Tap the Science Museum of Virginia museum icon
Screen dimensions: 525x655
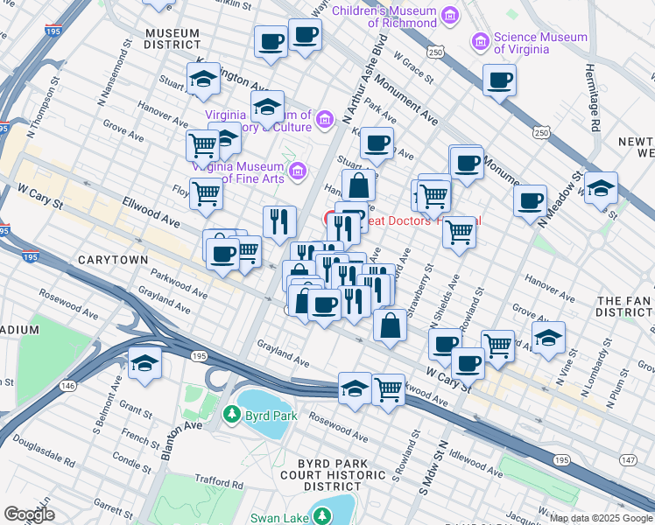481,41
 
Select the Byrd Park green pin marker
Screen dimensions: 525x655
234,413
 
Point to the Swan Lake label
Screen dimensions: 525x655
279,518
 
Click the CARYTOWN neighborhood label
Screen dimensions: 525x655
110,261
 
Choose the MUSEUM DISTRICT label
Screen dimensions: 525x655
173,38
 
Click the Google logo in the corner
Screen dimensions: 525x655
29,514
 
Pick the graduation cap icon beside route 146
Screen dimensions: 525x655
144,364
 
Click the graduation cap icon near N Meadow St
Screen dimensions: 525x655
601,188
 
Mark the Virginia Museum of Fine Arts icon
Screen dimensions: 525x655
297,169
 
